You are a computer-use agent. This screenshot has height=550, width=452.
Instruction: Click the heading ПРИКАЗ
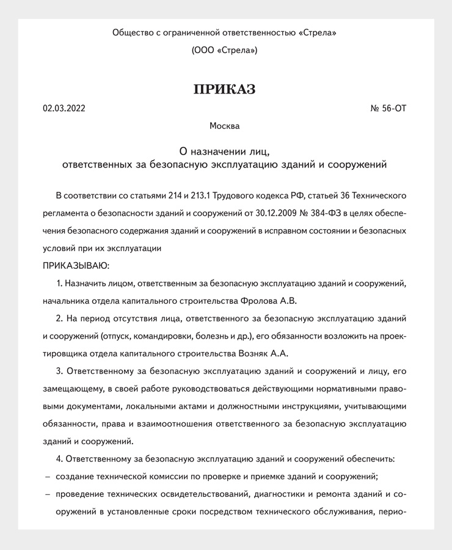[x=224, y=89]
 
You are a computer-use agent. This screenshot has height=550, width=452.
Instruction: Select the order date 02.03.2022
[x=64, y=109]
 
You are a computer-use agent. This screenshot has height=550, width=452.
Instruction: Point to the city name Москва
[x=224, y=127]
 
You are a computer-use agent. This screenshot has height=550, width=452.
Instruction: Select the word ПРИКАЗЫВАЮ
[x=76, y=266]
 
